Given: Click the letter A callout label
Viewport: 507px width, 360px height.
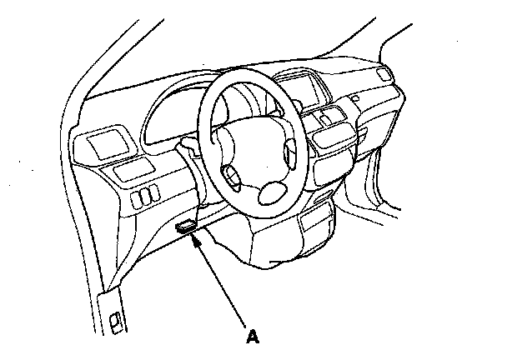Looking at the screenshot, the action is click(253, 337).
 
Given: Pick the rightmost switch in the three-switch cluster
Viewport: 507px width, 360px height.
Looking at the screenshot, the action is click(154, 193).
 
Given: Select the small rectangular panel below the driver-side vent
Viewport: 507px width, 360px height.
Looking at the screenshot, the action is click(133, 170).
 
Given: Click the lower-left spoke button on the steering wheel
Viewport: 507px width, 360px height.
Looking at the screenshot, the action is click(231, 177).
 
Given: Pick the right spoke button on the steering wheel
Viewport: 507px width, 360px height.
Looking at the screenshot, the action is click(290, 154).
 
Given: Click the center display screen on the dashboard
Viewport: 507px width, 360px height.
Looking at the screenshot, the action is click(301, 89).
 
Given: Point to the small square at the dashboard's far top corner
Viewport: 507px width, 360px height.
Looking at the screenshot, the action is click(384, 75).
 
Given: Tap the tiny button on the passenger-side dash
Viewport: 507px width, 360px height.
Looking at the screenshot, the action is click(355, 98).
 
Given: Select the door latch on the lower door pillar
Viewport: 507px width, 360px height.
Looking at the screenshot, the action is click(115, 322).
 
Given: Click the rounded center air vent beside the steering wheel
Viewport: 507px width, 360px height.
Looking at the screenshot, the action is click(333, 137).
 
